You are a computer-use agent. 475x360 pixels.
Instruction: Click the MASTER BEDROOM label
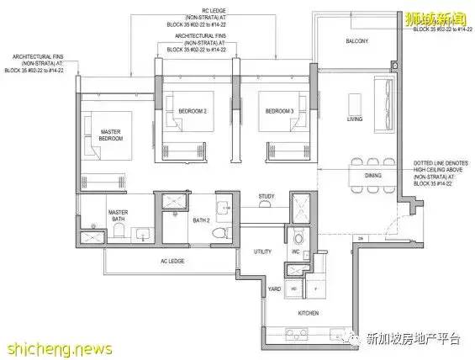111,135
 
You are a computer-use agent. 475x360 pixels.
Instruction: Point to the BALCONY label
359,42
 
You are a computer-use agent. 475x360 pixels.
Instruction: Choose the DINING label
373,176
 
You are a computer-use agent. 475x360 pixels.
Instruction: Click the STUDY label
267,197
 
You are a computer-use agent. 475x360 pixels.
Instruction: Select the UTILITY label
262,251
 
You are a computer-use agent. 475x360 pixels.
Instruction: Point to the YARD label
273,288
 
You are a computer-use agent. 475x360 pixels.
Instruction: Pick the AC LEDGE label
172,262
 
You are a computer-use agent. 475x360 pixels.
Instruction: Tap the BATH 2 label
200,220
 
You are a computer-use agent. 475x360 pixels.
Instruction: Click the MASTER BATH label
117,215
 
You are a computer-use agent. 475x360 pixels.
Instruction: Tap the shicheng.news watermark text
45,347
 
